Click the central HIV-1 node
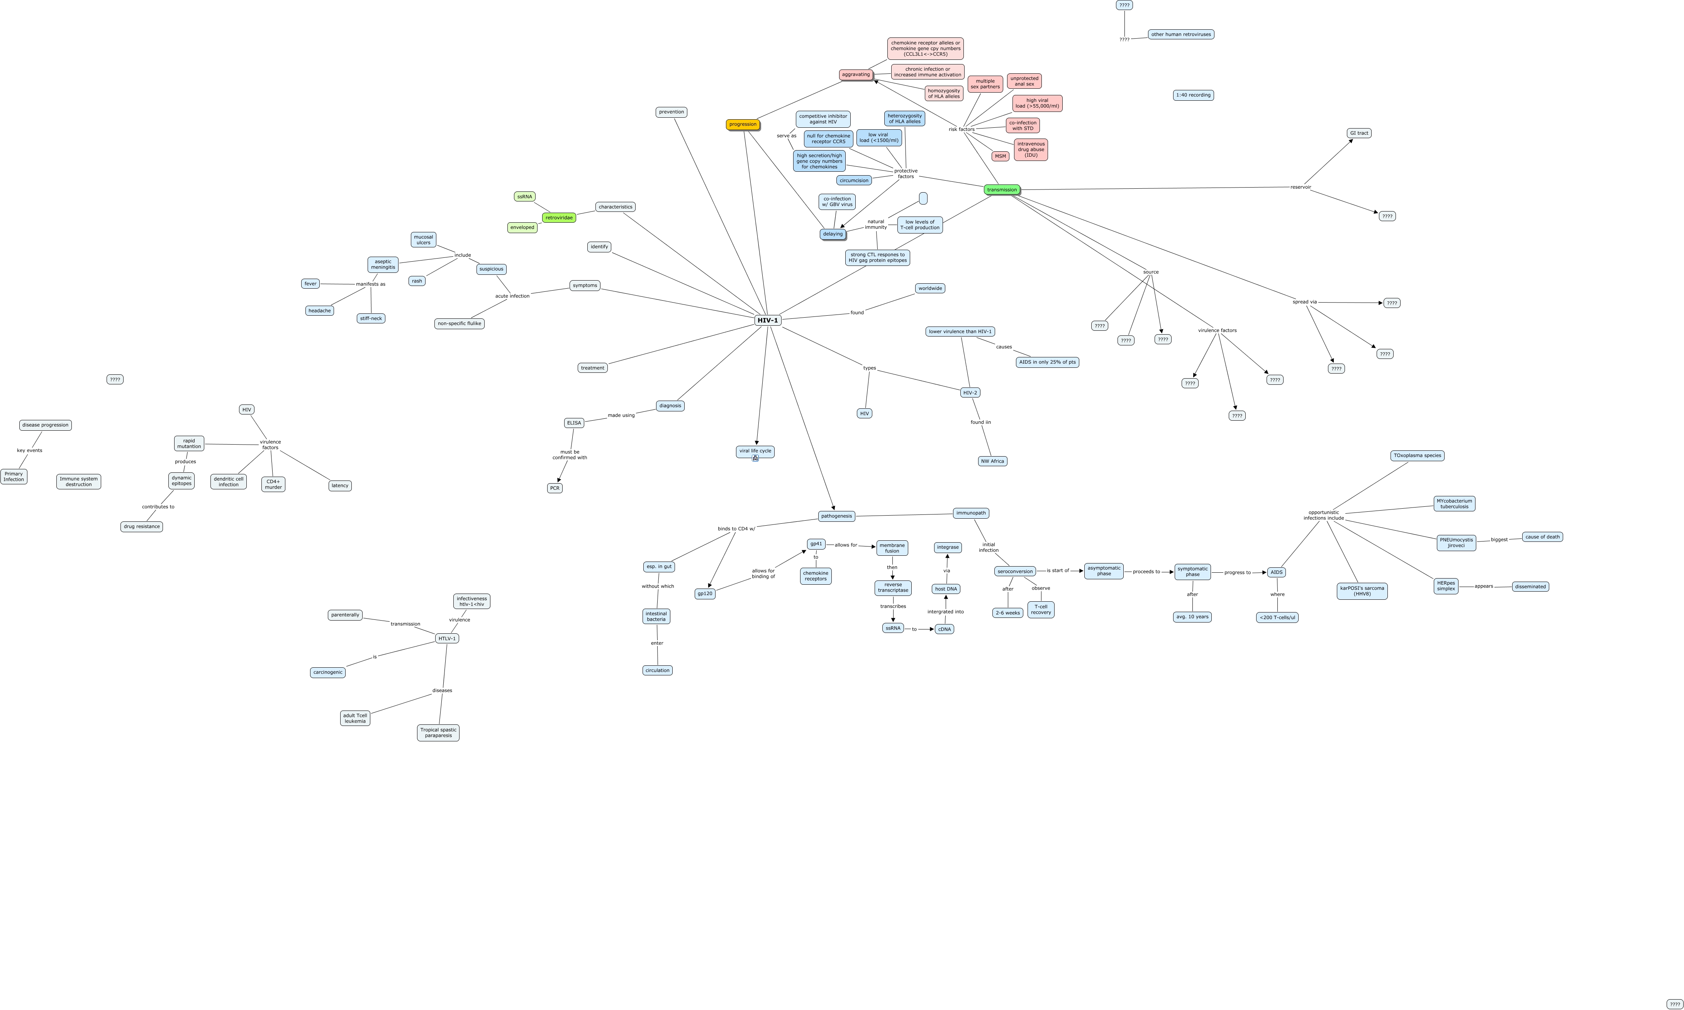click(767, 320)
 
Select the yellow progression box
click(742, 125)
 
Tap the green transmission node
click(1002, 190)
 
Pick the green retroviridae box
click(558, 218)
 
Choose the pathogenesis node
click(836, 516)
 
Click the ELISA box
click(574, 423)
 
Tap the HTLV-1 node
click(447, 638)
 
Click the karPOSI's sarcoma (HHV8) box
click(1362, 591)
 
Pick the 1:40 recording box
click(1193, 95)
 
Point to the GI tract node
click(1358, 134)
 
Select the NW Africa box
click(992, 462)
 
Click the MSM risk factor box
click(1000, 157)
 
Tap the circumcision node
click(854, 180)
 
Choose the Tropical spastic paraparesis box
click(438, 733)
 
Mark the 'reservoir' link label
click(1300, 187)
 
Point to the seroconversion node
click(1015, 572)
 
